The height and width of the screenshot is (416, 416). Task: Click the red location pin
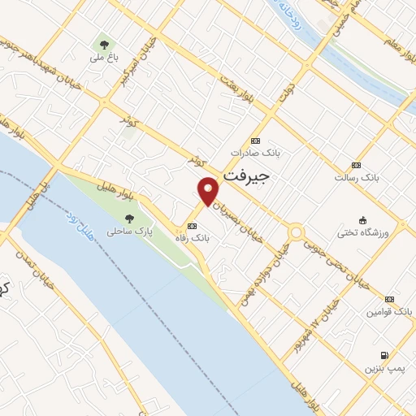tap(209, 189)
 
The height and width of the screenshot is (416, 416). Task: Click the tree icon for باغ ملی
tap(103, 44)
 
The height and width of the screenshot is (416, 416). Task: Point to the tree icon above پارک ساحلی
tap(129, 218)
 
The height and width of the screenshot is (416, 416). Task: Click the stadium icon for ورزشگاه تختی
tap(362, 219)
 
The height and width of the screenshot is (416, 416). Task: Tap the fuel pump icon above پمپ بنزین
tap(383, 355)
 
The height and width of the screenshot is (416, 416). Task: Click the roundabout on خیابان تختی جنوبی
tap(295, 233)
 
